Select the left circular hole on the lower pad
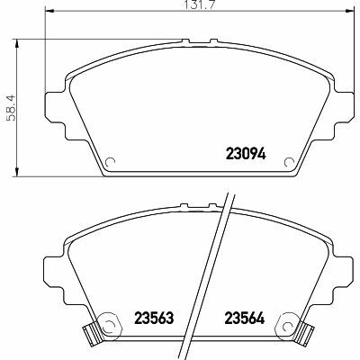click(106, 323)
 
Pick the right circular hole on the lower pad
click(289, 323)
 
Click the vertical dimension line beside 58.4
click(19, 108)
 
